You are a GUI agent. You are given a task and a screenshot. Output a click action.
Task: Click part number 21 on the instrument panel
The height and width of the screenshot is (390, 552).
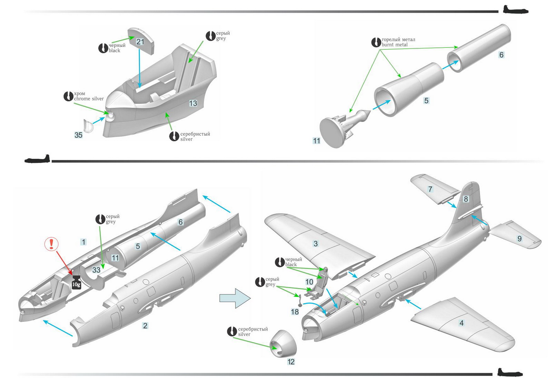coord(140,42)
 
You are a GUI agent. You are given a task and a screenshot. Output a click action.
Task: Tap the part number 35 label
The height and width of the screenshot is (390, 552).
coord(78,135)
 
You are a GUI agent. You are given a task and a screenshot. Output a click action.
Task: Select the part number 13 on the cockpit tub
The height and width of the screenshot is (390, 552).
coord(193,103)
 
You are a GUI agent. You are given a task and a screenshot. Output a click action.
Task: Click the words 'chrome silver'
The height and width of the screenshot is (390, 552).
coord(89,99)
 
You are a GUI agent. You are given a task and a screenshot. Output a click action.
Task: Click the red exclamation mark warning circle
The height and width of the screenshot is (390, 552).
coord(52,244)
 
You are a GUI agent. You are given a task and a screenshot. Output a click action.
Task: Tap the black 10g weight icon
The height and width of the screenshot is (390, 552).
coord(76,282)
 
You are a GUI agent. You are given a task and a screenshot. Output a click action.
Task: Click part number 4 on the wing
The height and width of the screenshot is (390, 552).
coord(461,323)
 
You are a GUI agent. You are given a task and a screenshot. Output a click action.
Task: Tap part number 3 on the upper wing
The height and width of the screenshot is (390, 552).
coord(315,244)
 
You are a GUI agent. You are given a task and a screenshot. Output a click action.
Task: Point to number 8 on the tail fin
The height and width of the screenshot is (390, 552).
coord(466,199)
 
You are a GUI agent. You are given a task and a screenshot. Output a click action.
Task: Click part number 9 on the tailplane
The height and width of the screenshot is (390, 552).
coord(519,238)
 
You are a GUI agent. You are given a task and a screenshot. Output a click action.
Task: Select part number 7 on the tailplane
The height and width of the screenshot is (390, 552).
coord(430,189)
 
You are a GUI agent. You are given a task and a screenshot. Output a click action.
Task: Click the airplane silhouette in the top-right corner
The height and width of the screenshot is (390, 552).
coord(515,10)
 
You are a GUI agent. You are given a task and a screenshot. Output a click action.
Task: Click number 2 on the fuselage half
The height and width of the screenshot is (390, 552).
coord(145,326)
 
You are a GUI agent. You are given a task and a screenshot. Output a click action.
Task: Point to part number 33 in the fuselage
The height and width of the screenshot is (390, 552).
coord(96,270)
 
